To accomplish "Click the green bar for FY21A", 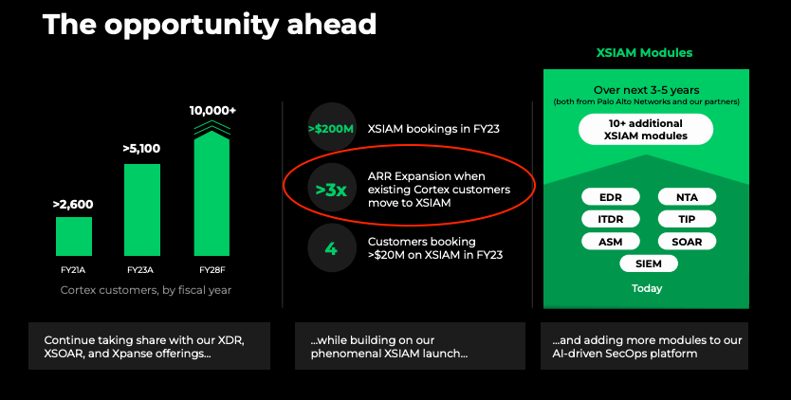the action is coord(74,237).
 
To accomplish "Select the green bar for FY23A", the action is coord(142,209).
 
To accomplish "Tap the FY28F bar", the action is coord(212,193).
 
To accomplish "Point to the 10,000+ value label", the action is coord(212,111).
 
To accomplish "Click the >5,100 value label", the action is coord(141,149).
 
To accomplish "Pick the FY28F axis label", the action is coord(212,270).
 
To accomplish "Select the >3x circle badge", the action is coord(331,190).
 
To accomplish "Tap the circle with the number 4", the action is coord(331,248).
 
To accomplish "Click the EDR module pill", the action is coord(611,197).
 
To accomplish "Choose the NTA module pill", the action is coord(687,197).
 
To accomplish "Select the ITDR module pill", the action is coord(611,219).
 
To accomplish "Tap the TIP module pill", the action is coord(687,219).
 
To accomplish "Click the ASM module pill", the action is coord(611,242).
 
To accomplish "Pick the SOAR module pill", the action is coord(687,242).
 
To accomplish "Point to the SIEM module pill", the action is coord(649,264).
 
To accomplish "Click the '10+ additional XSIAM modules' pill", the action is coord(646,130).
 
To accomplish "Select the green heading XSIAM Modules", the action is coord(645,53).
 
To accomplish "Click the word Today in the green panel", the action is coord(647,288).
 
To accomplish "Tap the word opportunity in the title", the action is coord(192,25).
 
